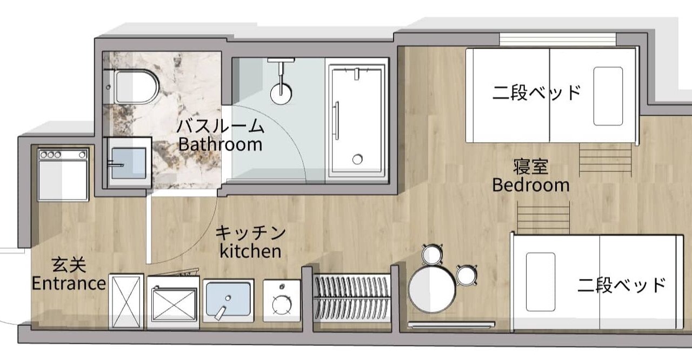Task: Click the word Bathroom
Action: [220, 144]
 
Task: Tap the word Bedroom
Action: [531, 185]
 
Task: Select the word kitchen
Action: [250, 251]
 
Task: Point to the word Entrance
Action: [69, 283]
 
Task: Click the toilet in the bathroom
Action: [136, 88]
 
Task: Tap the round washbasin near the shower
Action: [281, 94]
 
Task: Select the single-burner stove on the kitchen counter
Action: [282, 301]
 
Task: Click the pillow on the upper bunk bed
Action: [608, 96]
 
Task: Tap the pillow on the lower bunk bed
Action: [541, 282]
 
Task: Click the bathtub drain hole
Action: [357, 159]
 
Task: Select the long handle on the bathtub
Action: [336, 121]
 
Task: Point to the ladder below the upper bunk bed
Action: [605, 159]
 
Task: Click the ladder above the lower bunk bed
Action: [543, 217]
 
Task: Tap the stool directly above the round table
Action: [432, 255]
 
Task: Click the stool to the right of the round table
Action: [467, 275]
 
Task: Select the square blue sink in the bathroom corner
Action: [129, 163]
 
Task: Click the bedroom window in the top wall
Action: [557, 39]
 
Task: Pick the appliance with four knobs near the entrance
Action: [63, 175]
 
